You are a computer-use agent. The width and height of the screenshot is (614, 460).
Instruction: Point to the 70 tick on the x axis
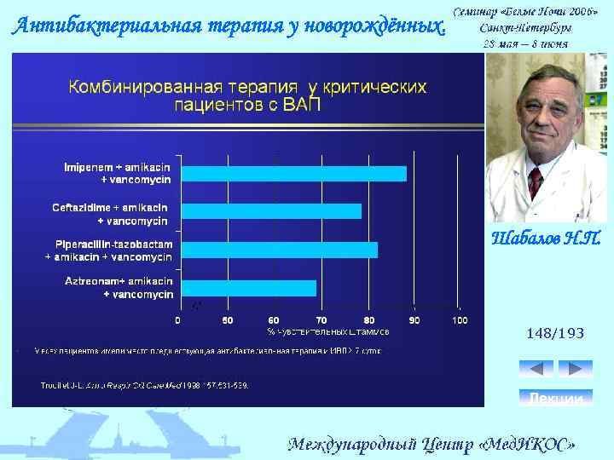pos(321,320)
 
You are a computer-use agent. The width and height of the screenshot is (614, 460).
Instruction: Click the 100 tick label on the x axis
pos(460,320)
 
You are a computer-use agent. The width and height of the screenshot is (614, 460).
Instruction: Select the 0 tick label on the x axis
pos(178,320)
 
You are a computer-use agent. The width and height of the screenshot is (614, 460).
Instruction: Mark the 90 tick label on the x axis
pos(414,320)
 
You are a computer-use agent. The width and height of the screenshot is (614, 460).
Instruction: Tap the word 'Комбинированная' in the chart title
pos(140,88)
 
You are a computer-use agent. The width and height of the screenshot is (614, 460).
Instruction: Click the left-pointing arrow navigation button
pos(536,369)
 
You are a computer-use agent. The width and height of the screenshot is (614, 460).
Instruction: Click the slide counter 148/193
pos(555,333)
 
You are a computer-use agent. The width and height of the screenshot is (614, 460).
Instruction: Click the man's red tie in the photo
pos(535,181)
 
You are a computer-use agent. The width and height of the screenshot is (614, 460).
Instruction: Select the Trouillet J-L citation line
pos(145,385)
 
